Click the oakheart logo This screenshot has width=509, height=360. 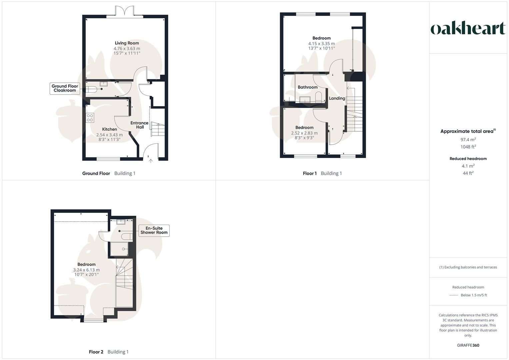(468, 29)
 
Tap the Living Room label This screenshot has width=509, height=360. (127, 43)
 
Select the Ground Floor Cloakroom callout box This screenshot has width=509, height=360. (65, 88)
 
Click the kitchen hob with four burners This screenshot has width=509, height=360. (90, 118)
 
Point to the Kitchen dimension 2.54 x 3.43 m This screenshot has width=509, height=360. (109, 135)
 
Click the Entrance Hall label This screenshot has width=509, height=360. (139, 125)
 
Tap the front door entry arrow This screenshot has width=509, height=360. (151, 161)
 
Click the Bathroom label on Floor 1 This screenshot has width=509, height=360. (307, 87)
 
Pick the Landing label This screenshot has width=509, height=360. (337, 98)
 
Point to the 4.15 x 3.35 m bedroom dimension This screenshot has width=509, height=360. (321, 44)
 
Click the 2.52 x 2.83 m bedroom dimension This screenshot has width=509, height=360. (304, 133)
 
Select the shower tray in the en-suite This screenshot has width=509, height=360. (119, 249)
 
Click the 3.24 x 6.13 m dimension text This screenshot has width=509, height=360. (86, 270)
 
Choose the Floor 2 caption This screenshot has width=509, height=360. (96, 352)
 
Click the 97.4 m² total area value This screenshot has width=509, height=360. (468, 140)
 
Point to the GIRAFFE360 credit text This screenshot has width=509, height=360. (468, 345)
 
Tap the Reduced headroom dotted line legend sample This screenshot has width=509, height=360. (454, 295)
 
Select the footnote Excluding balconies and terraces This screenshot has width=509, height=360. (468, 267)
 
